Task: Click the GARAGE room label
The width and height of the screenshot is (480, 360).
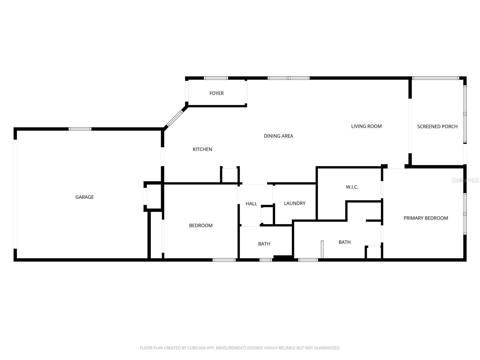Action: (x=84, y=197)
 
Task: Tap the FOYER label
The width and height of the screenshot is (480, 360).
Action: (x=216, y=93)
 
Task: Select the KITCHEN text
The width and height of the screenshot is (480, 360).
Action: (x=202, y=149)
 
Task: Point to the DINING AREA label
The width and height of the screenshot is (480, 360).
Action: (x=278, y=136)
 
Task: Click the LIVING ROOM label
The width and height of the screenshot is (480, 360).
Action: (x=366, y=126)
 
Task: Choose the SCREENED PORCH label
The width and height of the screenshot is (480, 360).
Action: (x=437, y=127)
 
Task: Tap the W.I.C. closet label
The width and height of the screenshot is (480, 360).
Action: (x=352, y=187)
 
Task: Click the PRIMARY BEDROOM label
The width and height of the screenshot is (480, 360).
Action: (x=425, y=218)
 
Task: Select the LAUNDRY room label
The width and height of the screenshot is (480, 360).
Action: (x=294, y=203)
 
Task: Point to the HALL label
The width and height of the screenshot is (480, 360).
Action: (x=251, y=204)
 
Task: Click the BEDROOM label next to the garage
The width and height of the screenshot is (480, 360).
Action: (x=201, y=225)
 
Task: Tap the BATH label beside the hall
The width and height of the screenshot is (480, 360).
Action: (x=264, y=244)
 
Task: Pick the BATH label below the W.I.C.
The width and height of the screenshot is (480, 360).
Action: (x=344, y=242)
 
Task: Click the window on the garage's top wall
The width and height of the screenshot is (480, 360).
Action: (x=80, y=129)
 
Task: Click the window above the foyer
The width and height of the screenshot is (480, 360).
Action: (x=216, y=78)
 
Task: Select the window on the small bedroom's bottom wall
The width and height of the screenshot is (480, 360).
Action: (x=224, y=260)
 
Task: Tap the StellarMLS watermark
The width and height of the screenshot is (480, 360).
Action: (x=465, y=180)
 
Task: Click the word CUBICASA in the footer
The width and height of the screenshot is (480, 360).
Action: (x=196, y=348)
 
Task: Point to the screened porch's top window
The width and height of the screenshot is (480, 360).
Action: (x=436, y=78)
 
